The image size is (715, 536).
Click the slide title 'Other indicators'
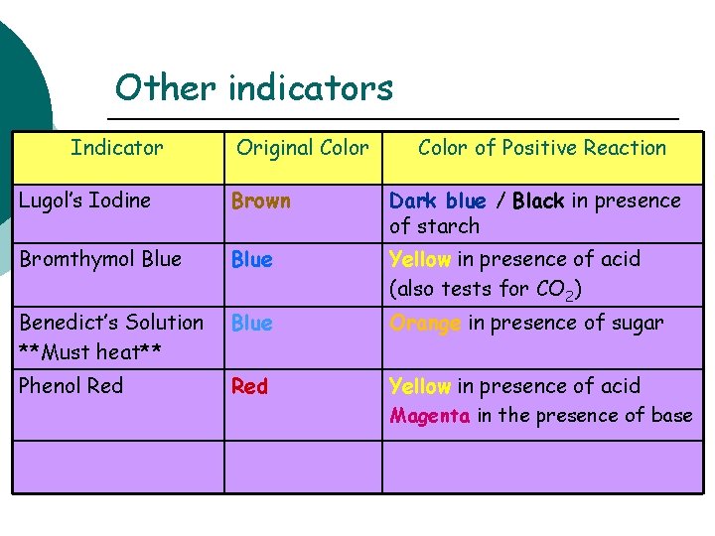254,88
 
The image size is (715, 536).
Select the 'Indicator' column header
117,148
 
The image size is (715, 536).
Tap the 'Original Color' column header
302,148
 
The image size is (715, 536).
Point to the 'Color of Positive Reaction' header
542,148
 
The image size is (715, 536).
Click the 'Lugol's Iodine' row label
85,201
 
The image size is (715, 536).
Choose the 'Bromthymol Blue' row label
100,259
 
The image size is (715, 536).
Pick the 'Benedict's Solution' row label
111,323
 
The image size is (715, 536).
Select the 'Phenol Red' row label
71,386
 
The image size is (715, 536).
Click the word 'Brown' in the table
261,201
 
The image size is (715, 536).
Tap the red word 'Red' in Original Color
249,387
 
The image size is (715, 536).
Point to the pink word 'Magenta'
430,416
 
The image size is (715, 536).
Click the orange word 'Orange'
425,323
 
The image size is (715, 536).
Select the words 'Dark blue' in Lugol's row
438,201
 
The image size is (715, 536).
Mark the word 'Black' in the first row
538,201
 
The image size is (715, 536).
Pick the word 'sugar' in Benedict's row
636,324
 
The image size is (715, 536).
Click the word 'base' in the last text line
671,416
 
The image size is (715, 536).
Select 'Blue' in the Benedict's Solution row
251,324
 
